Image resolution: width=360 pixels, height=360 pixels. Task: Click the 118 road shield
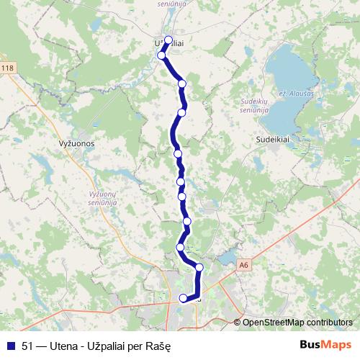[7, 68]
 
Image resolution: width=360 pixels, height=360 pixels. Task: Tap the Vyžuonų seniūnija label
[102, 199]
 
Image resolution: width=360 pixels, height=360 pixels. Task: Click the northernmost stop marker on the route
[168, 40]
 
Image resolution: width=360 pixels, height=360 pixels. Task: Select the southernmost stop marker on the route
[183, 298]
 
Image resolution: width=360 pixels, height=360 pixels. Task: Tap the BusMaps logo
[325, 344]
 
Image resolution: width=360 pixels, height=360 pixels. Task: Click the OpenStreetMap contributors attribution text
[297, 322]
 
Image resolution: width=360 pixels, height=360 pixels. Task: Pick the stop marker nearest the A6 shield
[199, 268]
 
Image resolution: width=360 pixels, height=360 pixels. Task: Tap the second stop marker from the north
[162, 55]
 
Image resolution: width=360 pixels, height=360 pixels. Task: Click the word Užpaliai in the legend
[105, 344]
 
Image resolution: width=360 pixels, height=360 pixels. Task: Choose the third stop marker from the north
[182, 84]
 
